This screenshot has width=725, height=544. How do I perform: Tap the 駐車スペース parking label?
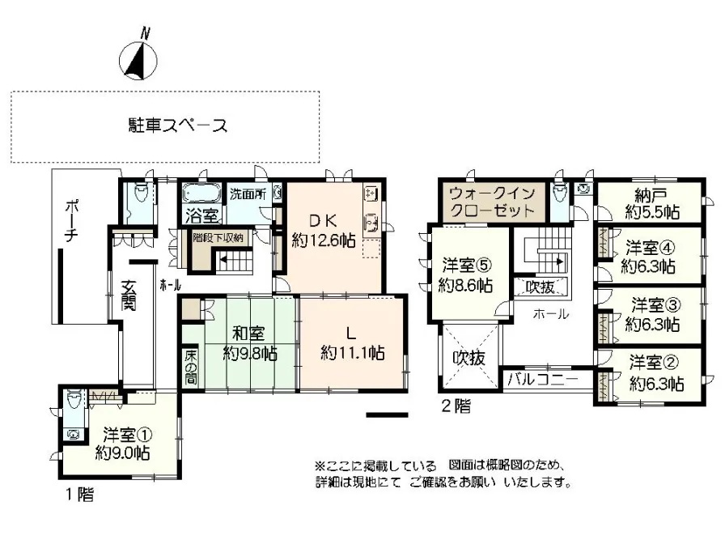click(x=178, y=125)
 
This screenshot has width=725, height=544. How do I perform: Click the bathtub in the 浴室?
click(x=201, y=193)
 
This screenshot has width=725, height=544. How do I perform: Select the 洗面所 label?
click(x=248, y=194)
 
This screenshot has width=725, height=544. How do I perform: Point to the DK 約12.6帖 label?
click(x=324, y=231)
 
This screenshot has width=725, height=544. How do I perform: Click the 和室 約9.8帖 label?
click(x=250, y=343)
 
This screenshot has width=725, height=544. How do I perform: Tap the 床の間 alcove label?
click(x=190, y=368)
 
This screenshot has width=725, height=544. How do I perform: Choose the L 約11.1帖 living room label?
click(x=352, y=343)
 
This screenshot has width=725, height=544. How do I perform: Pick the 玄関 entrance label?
click(x=128, y=295)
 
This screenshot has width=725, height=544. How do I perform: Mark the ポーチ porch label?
click(x=72, y=221)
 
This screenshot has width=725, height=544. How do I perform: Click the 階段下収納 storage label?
click(x=218, y=238)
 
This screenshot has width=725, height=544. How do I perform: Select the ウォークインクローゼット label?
click(x=492, y=202)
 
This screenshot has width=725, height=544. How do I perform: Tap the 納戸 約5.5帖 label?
click(x=652, y=204)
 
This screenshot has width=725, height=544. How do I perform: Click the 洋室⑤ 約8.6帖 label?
click(x=465, y=275)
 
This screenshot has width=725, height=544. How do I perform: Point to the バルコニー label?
click(x=542, y=380)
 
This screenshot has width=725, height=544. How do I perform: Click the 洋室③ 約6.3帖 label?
click(x=652, y=315)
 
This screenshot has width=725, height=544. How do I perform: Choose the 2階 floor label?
click(x=456, y=406)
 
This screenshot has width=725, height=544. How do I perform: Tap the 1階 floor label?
click(x=78, y=495)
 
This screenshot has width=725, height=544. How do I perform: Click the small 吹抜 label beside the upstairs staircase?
click(x=541, y=287)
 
